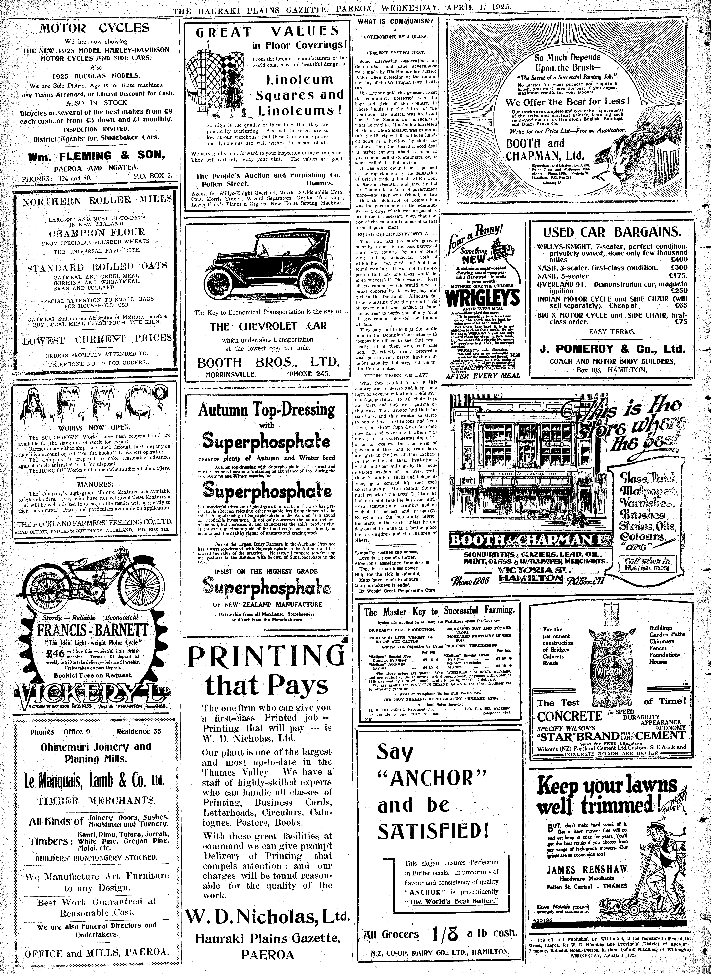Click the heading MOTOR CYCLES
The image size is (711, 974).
point(95,28)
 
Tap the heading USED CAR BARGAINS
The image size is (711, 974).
point(612,233)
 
